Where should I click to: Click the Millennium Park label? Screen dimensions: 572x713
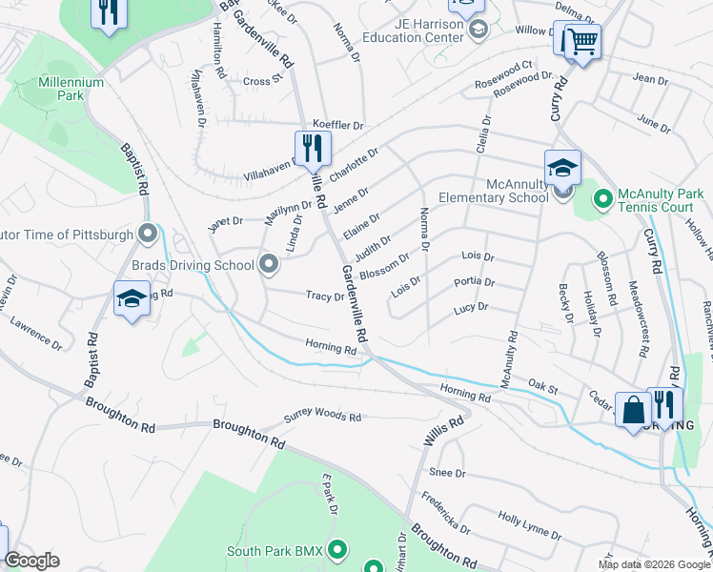coord(71,90)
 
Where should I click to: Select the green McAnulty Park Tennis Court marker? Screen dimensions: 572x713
coord(601,200)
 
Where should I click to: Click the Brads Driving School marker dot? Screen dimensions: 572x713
coord(270,264)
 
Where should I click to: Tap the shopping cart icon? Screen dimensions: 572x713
coord(580,42)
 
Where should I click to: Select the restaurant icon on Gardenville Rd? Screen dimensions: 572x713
coord(312,149)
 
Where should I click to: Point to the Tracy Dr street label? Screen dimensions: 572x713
coord(324,296)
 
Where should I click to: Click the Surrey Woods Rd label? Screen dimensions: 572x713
coord(323,418)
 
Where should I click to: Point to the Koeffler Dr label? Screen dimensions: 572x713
coord(338,125)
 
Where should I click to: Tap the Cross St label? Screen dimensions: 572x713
coord(256,82)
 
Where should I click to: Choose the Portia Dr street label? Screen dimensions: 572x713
coord(475,282)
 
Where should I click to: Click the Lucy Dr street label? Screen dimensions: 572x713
coord(471,308)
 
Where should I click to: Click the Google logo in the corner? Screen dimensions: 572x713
coord(32,561)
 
